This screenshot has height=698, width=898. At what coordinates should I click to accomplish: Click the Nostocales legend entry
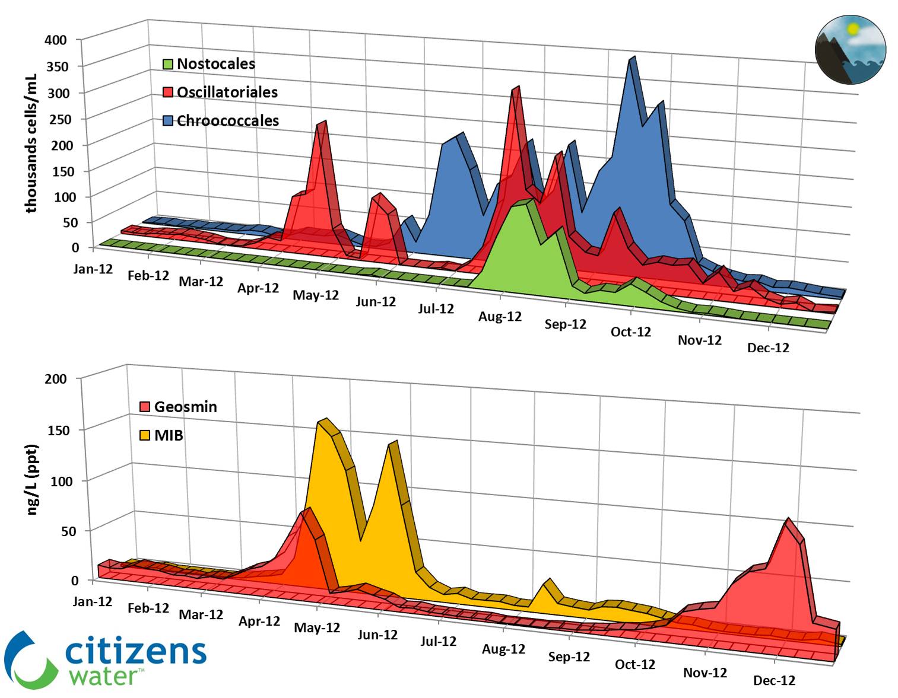coord(209,63)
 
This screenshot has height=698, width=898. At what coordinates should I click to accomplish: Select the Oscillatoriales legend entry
coord(220,92)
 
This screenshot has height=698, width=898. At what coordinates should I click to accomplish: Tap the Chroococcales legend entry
coord(221,120)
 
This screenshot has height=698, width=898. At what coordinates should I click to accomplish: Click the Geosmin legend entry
coord(178,407)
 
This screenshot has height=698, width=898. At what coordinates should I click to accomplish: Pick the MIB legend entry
coord(161,435)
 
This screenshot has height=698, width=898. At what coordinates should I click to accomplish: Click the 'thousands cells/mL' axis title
coord(31,143)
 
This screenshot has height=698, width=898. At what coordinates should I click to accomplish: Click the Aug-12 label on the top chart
coord(500,316)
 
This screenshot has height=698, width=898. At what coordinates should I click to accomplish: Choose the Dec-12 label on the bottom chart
coord(774,680)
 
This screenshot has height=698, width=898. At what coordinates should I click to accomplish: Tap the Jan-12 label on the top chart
coord(93,269)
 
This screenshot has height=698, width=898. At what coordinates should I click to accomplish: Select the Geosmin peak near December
coord(788,520)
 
